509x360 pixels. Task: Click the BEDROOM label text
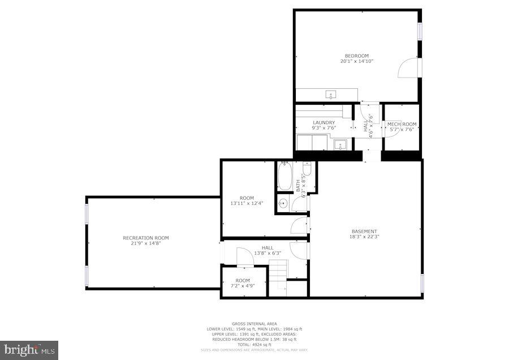click(357, 55)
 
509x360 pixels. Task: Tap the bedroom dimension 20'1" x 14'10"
click(357, 61)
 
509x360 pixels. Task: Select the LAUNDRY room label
click(323, 122)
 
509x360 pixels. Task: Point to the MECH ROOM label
click(402, 124)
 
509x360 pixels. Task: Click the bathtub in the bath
click(284, 175)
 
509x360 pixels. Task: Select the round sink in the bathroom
click(284, 204)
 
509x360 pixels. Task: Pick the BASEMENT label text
click(364, 231)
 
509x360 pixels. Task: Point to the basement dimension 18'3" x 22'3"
click(364, 237)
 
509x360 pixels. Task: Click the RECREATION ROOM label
click(146, 238)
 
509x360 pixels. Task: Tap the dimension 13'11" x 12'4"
click(247, 203)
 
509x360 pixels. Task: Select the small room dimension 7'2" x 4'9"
click(243, 286)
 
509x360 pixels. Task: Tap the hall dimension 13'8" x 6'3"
click(268, 253)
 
